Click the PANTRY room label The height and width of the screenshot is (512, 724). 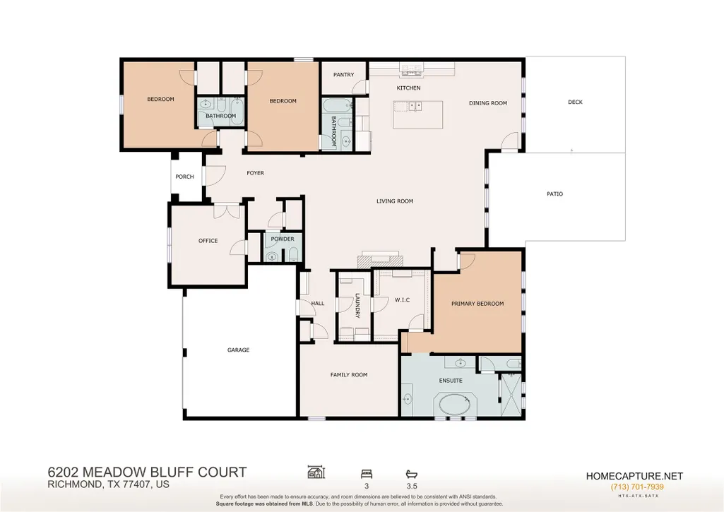coord(343,74)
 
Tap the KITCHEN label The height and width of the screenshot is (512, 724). coord(409,88)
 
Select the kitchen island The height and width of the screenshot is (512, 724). coord(418,114)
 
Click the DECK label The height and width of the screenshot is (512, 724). coord(576,102)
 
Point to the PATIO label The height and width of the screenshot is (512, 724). coord(555,194)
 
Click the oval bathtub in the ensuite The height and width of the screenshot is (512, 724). coord(455,405)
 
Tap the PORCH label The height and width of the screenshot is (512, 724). coord(184,177)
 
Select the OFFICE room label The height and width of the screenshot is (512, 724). coord(208,241)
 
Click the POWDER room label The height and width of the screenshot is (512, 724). coord(283,239)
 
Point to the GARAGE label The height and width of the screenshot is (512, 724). coord(238,350)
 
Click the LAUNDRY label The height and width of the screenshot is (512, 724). coord(357,306)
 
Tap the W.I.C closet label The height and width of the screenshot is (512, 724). coord(402,300)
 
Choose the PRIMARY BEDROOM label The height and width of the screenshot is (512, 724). coord(477,304)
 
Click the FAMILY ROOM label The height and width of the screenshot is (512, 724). coord(349,375)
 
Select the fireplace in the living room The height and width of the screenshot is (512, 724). coord(379,259)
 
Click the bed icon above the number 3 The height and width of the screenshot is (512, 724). coord(367,474)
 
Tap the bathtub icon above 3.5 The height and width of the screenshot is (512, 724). coord(411,474)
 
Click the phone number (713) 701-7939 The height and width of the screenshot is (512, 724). coord(637,487)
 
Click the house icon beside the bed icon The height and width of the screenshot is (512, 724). coord(316,472)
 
